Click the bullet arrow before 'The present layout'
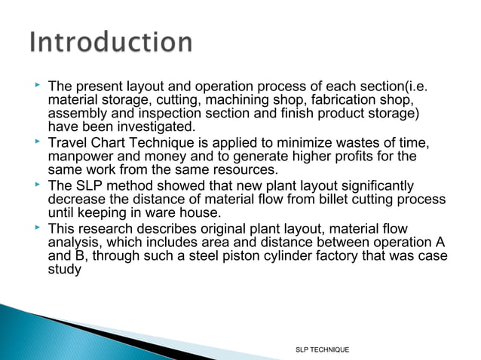35,88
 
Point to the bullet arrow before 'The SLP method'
35,185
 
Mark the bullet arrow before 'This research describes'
35,227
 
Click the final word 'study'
64,269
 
